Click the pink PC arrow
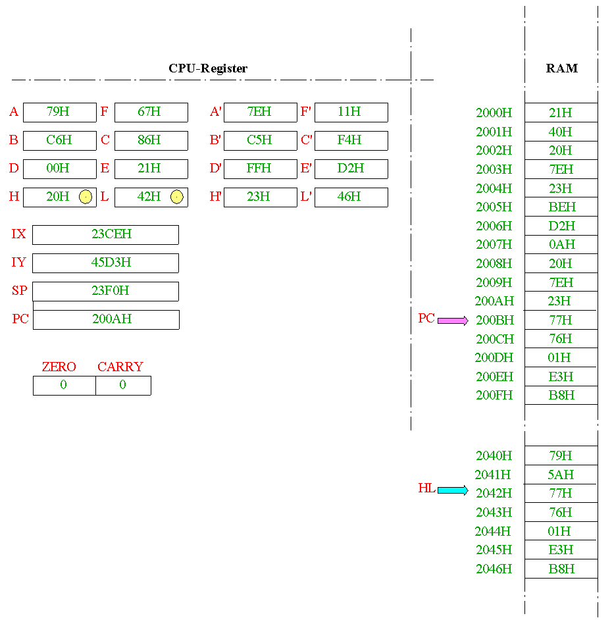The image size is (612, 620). pyautogui.click(x=453, y=321)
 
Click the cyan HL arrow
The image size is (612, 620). pyautogui.click(x=453, y=490)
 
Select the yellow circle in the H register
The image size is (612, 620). pyautogui.click(x=86, y=197)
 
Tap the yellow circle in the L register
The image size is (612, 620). pyautogui.click(x=177, y=197)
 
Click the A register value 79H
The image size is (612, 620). pyautogui.click(x=58, y=111)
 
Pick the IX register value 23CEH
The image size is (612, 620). pyautogui.click(x=111, y=234)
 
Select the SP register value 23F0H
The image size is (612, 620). pyautogui.click(x=111, y=291)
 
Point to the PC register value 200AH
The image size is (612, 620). pyautogui.click(x=112, y=319)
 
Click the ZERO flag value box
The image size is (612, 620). pyautogui.click(x=64, y=385)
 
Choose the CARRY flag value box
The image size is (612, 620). pyautogui.click(x=123, y=385)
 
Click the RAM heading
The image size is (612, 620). pyautogui.click(x=562, y=68)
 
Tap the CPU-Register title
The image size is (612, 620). pyautogui.click(x=208, y=68)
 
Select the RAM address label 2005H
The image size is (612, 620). pyautogui.click(x=494, y=207)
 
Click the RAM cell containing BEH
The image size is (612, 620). pyautogui.click(x=561, y=207)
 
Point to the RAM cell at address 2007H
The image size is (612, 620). pyautogui.click(x=561, y=244)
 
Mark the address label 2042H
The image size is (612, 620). pyautogui.click(x=494, y=493)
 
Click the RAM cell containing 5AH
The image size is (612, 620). pyautogui.click(x=561, y=475)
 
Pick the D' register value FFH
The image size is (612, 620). pyautogui.click(x=259, y=168)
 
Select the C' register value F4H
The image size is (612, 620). pyautogui.click(x=349, y=140)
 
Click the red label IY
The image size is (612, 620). pyautogui.click(x=18, y=262)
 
